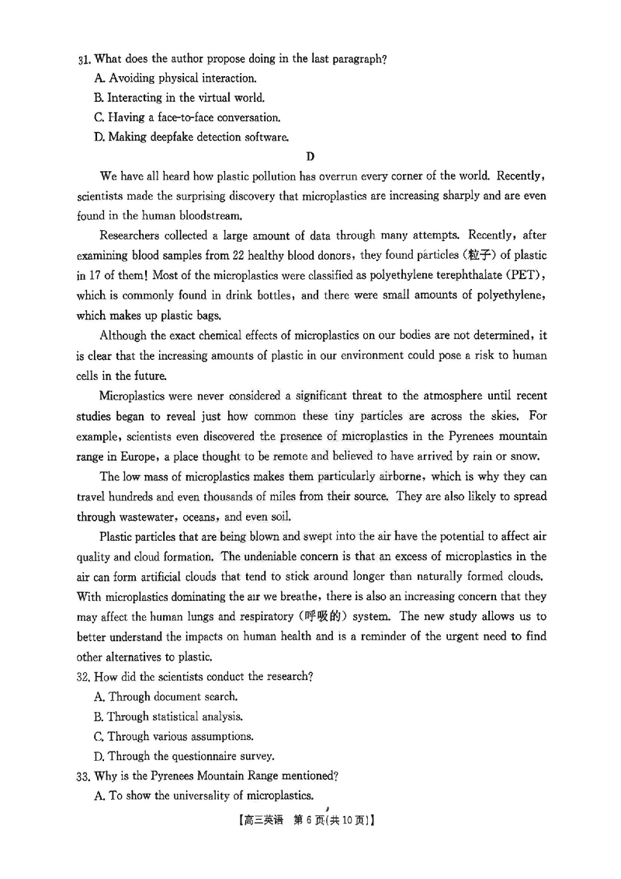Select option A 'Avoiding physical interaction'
coord(175,78)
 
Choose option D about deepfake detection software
coord(191,138)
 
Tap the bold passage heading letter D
coord(310,158)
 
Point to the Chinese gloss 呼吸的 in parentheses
coord(337,616)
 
